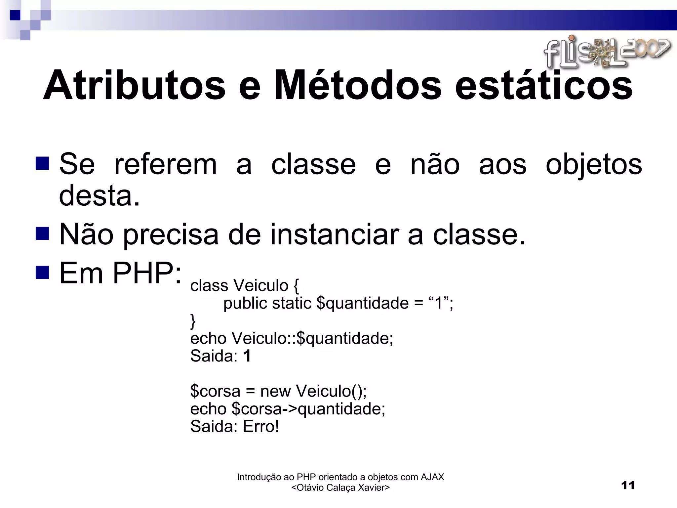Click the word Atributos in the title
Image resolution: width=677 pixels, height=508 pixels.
134,85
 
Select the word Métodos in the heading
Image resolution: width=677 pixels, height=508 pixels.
357,85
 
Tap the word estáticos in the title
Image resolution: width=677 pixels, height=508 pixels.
544,85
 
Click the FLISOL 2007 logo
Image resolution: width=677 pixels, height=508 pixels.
607,52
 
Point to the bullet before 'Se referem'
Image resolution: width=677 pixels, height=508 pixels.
42,163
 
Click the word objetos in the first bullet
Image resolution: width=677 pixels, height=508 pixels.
594,165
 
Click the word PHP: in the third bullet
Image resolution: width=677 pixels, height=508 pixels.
147,273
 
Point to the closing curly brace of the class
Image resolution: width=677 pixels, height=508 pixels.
193,321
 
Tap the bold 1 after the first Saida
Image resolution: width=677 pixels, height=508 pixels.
247,356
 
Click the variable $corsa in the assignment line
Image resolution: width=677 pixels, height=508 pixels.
215,391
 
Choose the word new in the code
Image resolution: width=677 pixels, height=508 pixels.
275,391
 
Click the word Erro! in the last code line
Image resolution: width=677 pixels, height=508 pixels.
261,427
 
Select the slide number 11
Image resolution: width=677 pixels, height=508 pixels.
628,486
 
